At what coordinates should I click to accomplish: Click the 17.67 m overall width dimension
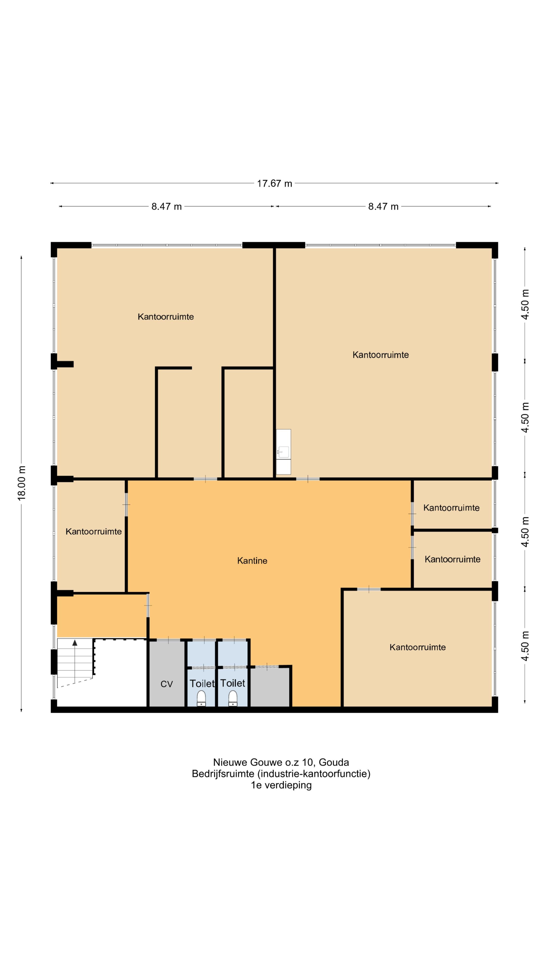274,183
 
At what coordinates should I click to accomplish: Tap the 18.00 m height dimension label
21,483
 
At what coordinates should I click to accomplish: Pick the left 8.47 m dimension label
167,206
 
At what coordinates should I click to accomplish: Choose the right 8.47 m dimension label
383,206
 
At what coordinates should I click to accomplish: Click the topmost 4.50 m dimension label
525,304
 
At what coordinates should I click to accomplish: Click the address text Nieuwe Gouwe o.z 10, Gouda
281,762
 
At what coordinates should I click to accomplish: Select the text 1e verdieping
281,785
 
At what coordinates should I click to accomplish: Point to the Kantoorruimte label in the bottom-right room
418,647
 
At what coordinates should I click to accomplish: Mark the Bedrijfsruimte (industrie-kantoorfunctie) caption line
281,774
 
